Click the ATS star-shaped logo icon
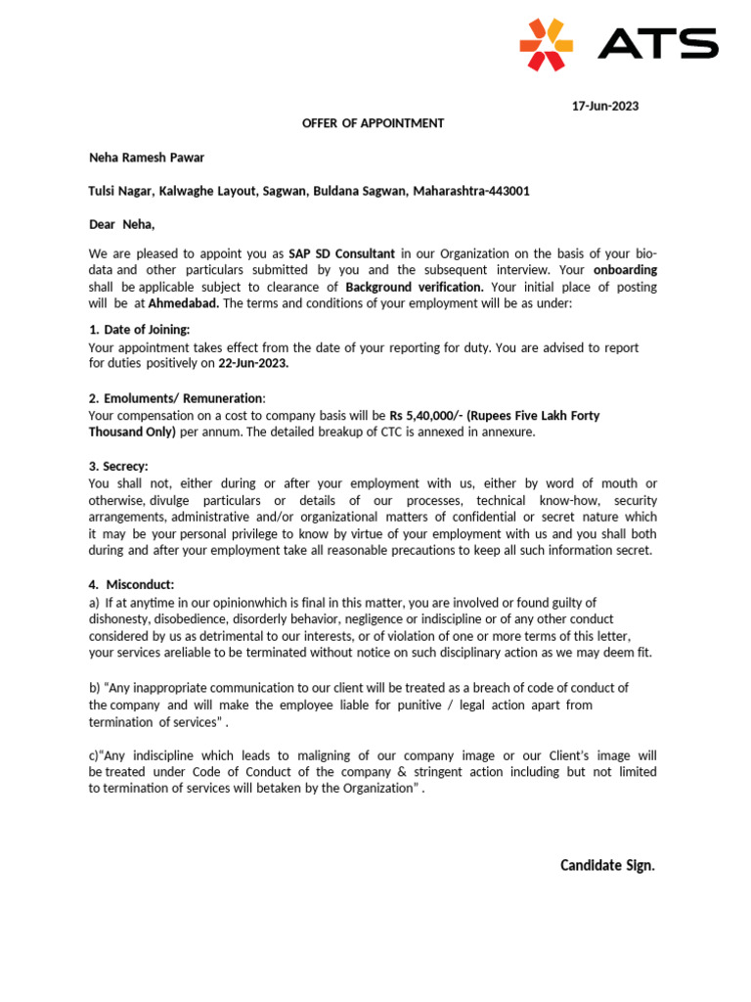click(x=546, y=44)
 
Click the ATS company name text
click(x=657, y=44)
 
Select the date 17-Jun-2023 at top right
click(x=604, y=106)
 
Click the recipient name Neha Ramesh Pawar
click(x=147, y=157)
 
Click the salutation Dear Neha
click(x=121, y=224)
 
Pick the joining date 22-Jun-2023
click(x=253, y=363)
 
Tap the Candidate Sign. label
click(x=607, y=865)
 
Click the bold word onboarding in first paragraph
click(x=626, y=270)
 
